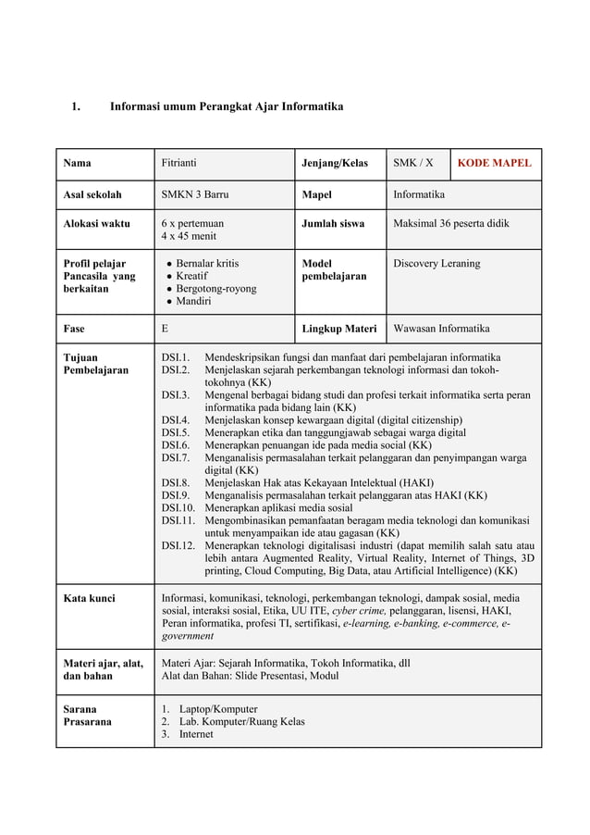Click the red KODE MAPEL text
[x=495, y=164]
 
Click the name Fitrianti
[x=182, y=164]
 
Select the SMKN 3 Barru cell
[x=195, y=195]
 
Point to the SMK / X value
[x=413, y=164]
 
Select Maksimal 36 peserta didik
[x=451, y=224]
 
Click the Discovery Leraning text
[x=436, y=264]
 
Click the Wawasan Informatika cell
[x=442, y=329]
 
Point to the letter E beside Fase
[x=166, y=329]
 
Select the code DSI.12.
[x=178, y=545]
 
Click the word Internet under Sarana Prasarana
[x=196, y=734]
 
